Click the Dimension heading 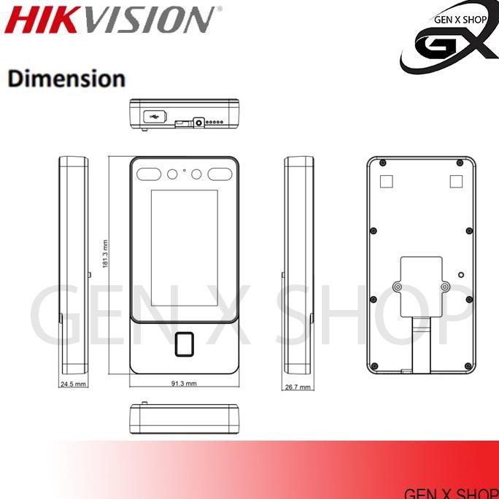coord(66,78)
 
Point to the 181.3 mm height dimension coord(106,255)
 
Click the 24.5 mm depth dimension coord(73,384)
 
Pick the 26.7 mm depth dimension coord(298,387)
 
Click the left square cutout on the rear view coord(389,180)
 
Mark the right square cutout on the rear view coord(455,180)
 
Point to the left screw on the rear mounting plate coord(397,287)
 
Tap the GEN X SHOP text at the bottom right coord(451,492)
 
